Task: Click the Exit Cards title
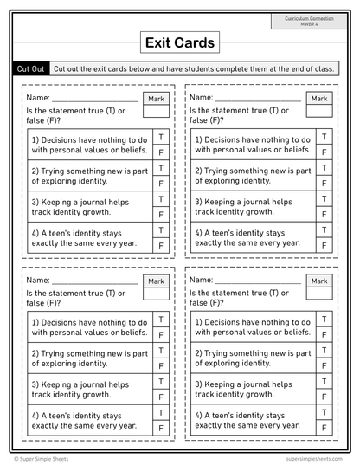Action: (179, 42)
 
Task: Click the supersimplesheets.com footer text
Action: (310, 458)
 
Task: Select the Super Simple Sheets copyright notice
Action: (44, 458)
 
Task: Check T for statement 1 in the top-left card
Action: (161, 136)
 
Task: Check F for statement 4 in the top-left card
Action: (161, 246)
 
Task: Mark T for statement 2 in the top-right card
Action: (324, 168)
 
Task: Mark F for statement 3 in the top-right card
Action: (324, 215)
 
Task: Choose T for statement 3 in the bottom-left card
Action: (161, 382)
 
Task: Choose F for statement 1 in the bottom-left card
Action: (161, 335)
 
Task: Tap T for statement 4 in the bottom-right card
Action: (324, 413)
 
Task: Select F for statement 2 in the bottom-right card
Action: (324, 366)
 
